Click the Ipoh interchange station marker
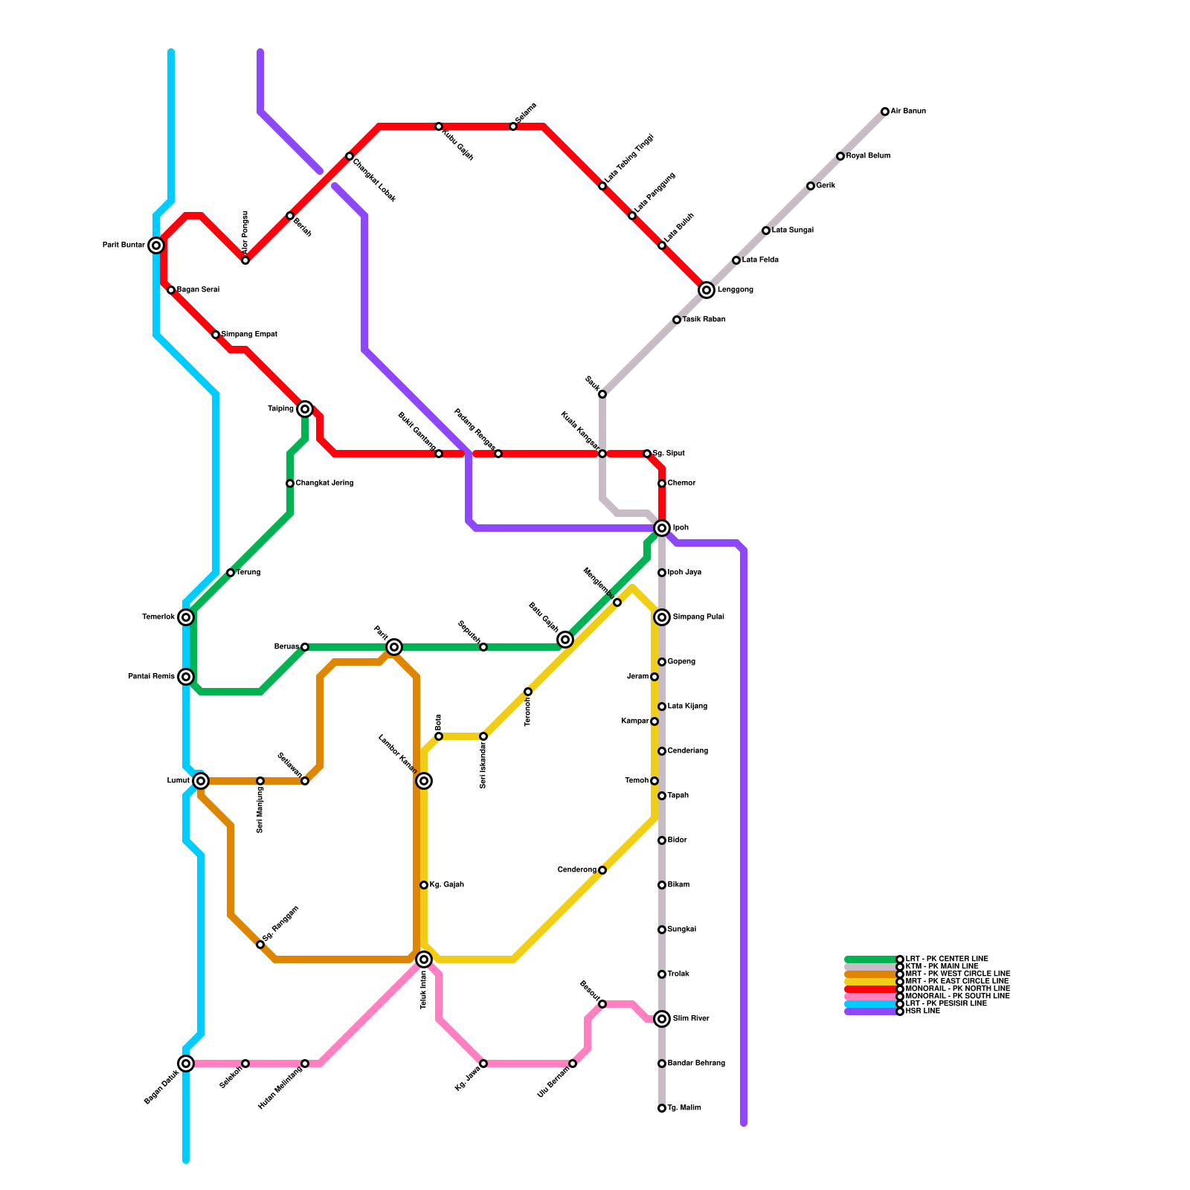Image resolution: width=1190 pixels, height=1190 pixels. (662, 528)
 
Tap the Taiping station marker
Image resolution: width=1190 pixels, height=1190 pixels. (305, 409)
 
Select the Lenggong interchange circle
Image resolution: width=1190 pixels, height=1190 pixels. (707, 290)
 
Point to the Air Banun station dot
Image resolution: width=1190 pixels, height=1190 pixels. (885, 112)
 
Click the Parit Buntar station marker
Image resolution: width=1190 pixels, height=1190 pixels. (156, 245)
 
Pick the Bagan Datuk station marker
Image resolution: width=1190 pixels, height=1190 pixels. (186, 1064)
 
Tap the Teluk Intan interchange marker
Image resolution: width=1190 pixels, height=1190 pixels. (424, 959)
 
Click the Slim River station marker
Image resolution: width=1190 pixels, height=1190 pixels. (662, 1019)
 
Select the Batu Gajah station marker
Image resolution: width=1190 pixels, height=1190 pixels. (565, 640)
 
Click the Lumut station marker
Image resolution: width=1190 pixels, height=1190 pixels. (201, 781)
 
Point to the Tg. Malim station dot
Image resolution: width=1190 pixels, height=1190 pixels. (662, 1108)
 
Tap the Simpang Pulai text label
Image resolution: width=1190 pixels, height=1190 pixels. (698, 617)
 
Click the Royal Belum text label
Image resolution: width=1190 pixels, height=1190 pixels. (868, 156)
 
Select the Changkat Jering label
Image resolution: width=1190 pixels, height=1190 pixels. (324, 483)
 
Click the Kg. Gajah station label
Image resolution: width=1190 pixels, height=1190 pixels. (446, 885)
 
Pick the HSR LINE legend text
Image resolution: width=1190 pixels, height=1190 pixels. (922, 1011)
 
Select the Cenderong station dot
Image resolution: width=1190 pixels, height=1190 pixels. (602, 870)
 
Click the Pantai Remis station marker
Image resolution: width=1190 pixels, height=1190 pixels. (186, 677)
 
